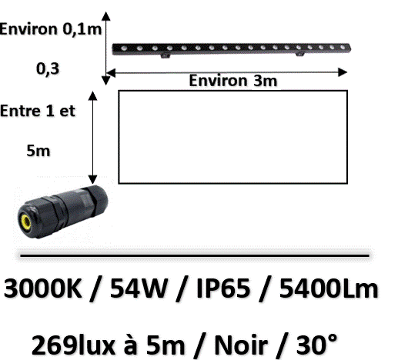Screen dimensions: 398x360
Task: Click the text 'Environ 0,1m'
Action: pos(51,29)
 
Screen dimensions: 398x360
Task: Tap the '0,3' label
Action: pos(48,68)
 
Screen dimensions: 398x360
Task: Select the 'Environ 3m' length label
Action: pos(233,81)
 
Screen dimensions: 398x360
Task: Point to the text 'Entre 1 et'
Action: pos(38,111)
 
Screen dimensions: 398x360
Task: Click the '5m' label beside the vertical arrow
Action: pos(38,151)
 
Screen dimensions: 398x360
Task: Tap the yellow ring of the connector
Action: pos(26,222)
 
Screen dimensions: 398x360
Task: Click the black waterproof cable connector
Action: pos(62,212)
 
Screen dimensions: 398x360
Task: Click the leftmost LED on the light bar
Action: pos(124,48)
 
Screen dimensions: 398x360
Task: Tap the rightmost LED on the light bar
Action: pos(343,47)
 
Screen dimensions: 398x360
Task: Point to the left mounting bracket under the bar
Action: pos(166,55)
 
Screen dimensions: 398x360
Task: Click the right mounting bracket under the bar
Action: pos(299,54)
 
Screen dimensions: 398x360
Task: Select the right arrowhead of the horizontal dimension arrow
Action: pos(343,72)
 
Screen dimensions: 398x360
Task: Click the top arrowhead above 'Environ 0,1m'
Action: pos(105,16)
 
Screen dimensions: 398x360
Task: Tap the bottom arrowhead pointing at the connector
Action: pos(92,179)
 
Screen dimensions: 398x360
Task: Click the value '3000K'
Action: pos(42,288)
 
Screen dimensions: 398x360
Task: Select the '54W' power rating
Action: pos(139,288)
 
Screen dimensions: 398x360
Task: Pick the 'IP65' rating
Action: pos(223,288)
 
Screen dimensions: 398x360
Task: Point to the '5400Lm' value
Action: pos(329,288)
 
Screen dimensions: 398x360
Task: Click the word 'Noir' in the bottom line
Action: pos(241,345)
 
